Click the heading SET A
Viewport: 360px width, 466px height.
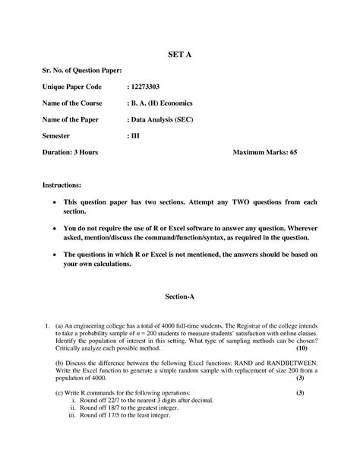[x=180, y=55]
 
